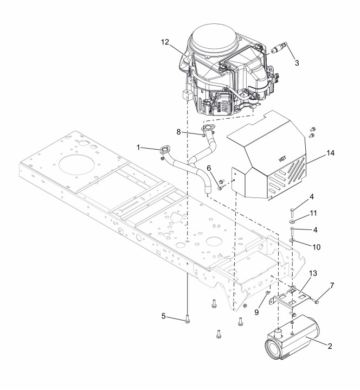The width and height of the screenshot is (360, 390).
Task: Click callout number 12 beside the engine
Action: click(x=165, y=42)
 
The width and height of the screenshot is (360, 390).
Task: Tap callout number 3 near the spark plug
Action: click(x=297, y=63)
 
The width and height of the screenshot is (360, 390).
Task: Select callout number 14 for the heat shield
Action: click(x=330, y=153)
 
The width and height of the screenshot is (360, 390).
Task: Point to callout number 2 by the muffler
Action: click(x=330, y=346)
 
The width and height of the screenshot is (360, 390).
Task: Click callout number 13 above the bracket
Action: click(x=313, y=273)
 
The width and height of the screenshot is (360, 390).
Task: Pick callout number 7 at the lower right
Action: click(x=332, y=285)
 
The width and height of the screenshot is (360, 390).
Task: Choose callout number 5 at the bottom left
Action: click(x=163, y=316)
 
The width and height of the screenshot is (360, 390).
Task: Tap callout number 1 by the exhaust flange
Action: click(x=138, y=148)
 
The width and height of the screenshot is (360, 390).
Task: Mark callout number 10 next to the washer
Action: click(x=316, y=247)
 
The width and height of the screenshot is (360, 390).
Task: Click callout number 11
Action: click(x=313, y=213)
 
